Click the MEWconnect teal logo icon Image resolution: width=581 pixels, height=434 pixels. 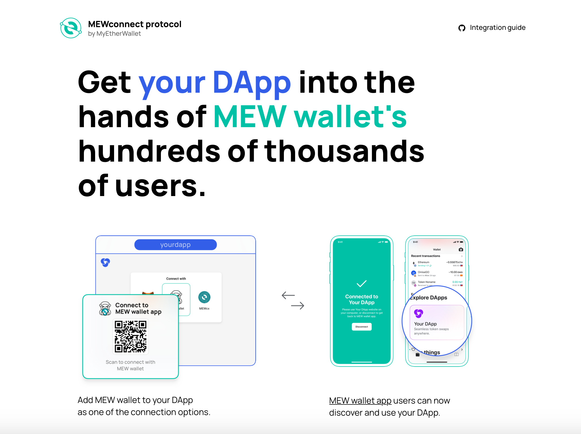[71, 28]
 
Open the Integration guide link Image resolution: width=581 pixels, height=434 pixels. [497, 28]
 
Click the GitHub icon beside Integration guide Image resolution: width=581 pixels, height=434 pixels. [462, 28]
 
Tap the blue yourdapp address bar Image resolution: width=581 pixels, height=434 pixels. [175, 245]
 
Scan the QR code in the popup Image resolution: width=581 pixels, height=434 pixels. [130, 337]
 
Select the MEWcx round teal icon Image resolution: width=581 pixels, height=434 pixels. [204, 297]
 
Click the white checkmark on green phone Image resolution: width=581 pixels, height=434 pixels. [361, 284]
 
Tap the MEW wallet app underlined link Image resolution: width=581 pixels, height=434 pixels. [360, 400]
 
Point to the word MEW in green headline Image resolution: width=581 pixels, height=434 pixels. [250, 117]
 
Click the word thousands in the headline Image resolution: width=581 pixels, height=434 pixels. [344, 151]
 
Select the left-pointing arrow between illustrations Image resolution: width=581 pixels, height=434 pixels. [288, 295]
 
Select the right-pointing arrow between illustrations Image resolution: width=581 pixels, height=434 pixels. [298, 306]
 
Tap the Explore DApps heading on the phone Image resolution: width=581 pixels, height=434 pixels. [428, 298]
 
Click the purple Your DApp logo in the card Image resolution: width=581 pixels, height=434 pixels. [418, 313]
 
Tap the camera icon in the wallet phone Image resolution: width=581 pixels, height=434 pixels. [461, 249]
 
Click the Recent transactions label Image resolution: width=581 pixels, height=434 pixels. [425, 256]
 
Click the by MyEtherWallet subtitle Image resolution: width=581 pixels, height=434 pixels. [114, 34]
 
